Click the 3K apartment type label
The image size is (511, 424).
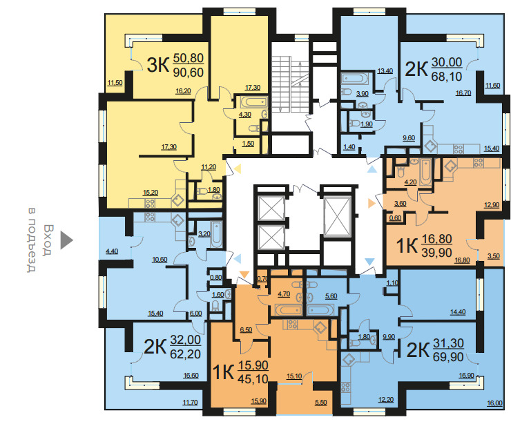(158, 64)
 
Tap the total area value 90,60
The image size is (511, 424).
(189, 73)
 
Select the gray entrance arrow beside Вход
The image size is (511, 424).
(66, 240)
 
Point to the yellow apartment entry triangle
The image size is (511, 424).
(238, 168)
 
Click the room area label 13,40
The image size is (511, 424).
(385, 71)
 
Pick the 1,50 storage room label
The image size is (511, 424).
(248, 144)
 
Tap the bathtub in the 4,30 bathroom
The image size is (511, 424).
(254, 102)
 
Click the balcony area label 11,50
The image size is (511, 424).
(115, 83)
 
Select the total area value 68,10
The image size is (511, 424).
(447, 77)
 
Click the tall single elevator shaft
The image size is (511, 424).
(337, 215)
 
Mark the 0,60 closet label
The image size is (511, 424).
(395, 218)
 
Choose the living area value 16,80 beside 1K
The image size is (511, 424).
(437, 239)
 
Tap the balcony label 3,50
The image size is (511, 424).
(494, 256)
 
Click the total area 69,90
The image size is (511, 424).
(448, 357)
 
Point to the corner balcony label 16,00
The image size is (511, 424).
(494, 403)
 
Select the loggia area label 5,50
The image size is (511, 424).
(320, 403)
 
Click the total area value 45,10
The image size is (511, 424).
(253, 378)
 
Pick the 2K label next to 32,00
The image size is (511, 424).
(155, 347)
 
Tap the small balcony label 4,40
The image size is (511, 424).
(112, 251)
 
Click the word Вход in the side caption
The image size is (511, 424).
(48, 240)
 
